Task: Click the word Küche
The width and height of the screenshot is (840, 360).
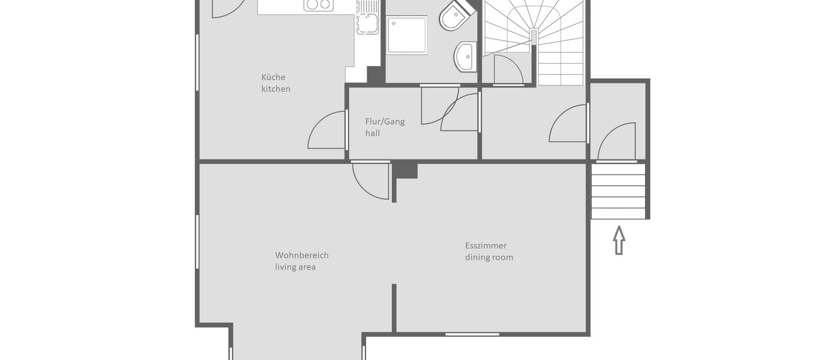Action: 273,77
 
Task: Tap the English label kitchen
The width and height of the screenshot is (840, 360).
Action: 275,89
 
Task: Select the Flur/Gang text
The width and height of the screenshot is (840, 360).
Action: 385,121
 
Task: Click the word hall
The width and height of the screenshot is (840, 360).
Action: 372,133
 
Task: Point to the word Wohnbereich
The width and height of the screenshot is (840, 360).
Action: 301,255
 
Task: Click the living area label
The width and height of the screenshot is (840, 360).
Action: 295,267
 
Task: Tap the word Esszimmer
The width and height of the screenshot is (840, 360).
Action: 485,245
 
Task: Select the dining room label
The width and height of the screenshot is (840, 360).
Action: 488,257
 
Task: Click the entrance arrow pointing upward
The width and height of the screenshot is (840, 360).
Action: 619,240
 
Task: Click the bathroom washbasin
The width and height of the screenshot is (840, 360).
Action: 466,56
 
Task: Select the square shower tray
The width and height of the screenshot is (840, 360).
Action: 407,35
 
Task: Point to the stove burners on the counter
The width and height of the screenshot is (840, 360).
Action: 318,5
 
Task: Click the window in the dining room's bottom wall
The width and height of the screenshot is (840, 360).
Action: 472,334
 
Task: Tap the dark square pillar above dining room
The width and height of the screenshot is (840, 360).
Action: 406,170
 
